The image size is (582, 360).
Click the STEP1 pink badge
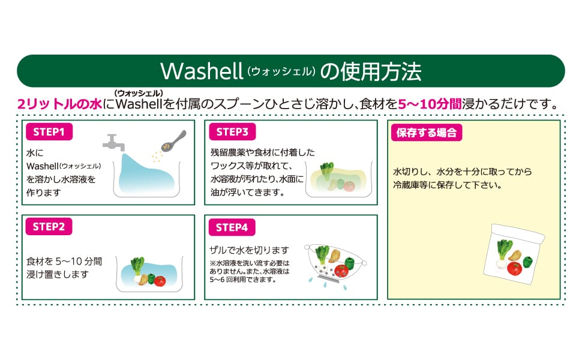49,132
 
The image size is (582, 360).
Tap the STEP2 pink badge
49,226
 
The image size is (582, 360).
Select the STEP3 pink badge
232,132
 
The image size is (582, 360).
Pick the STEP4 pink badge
232,227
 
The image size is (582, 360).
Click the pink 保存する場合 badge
427,133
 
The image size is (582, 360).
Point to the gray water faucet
113,143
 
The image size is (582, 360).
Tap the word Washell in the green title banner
202,71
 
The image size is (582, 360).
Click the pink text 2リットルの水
59,104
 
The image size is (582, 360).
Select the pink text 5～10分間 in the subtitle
430,104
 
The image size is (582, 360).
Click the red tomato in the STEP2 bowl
160,281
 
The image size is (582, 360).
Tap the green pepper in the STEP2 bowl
151,278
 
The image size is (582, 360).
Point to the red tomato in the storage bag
514,268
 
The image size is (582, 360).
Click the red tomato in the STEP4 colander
341,271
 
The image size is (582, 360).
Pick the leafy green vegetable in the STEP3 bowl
327,170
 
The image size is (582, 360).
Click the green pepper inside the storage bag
528,262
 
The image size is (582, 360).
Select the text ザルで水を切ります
249,250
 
